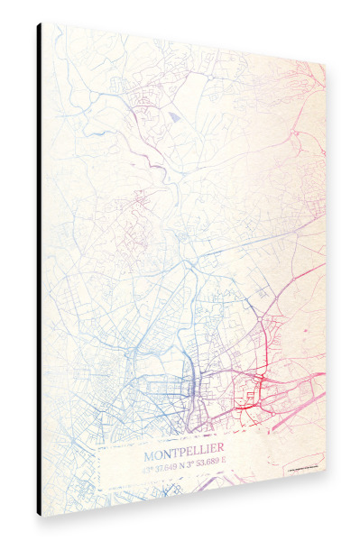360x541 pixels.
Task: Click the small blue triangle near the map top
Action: pyautogui.click(x=173, y=115)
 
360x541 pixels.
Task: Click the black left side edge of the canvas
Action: pyautogui.click(x=40, y=270)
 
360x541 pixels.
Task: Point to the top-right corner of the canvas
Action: pyautogui.click(x=325, y=66)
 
